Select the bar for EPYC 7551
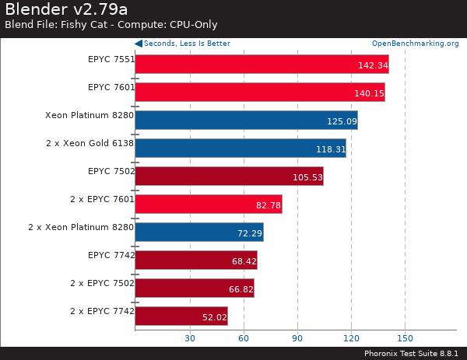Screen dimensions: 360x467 point(262,65)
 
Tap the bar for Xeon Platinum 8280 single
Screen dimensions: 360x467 point(246,121)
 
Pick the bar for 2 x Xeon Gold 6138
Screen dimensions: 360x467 point(241,149)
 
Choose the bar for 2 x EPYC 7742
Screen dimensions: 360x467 point(181,316)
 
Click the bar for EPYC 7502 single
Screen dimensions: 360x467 point(229,177)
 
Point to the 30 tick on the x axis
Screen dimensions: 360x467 point(189,338)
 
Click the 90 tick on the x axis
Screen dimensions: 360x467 point(297,338)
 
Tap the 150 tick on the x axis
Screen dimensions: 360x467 point(405,338)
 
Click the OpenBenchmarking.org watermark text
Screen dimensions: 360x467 point(415,44)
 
